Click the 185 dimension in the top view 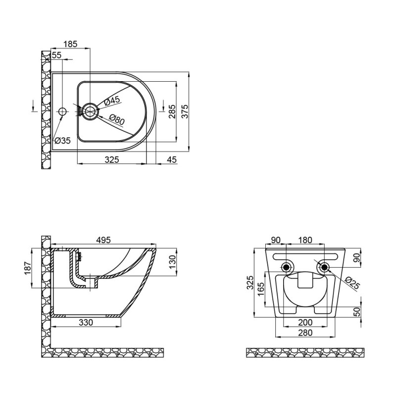71,44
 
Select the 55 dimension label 56,55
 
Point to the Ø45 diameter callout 112,100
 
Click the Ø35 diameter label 62,140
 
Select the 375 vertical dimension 185,111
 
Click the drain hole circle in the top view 90,111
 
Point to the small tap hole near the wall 62,111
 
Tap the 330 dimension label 86,322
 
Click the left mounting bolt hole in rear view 286,268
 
